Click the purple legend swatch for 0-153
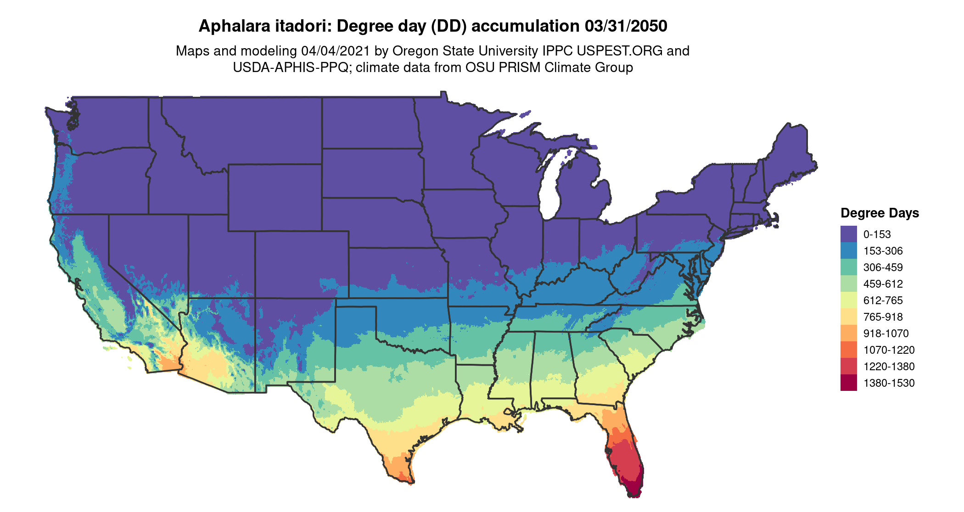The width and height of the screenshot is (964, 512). click(x=848, y=234)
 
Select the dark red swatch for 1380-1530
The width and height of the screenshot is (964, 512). click(x=848, y=383)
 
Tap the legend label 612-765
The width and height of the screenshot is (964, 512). click(x=883, y=301)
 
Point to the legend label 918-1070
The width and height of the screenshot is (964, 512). click(x=886, y=334)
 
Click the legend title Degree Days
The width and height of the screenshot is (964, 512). click(x=880, y=213)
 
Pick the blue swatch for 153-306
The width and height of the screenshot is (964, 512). click(x=848, y=251)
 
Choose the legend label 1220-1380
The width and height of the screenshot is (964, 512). click(x=889, y=367)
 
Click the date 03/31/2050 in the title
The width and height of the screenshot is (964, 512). click(x=626, y=26)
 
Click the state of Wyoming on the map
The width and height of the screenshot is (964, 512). click(x=275, y=197)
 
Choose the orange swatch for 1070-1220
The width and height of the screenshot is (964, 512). click(x=848, y=350)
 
